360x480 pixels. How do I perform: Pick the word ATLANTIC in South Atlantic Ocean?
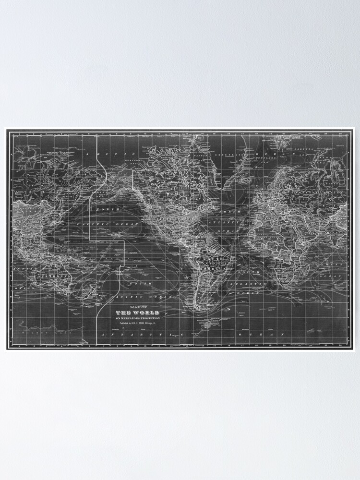point(252,284)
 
